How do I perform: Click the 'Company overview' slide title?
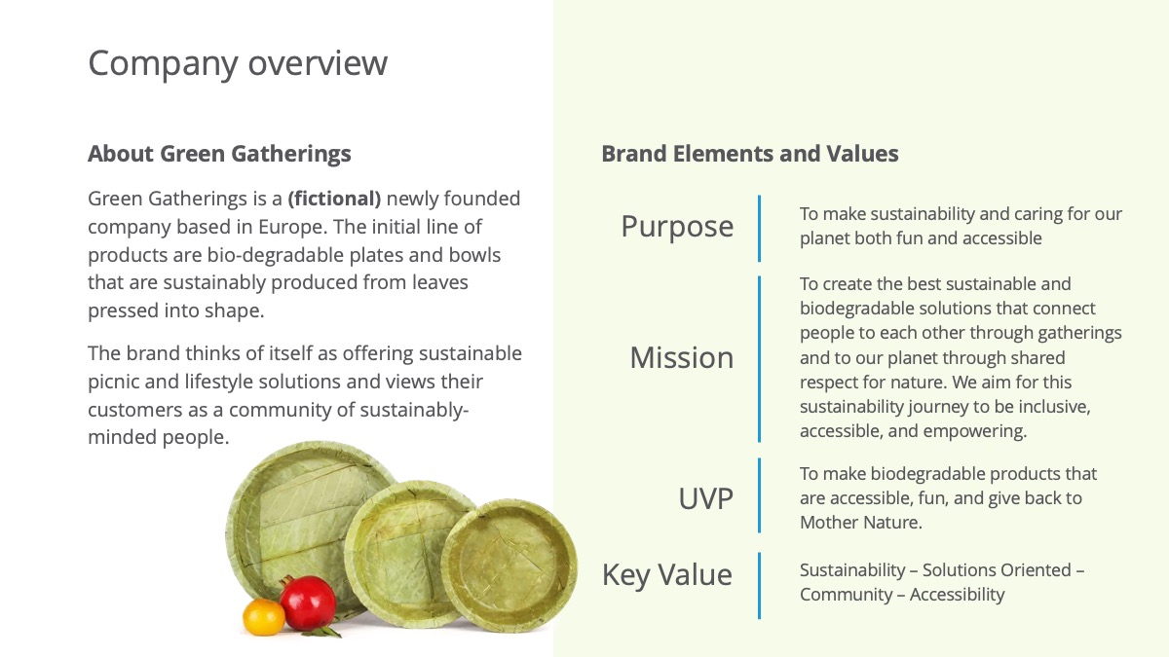coord(238,63)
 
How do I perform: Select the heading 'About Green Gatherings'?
coord(219,154)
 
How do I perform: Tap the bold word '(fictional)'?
coord(334,199)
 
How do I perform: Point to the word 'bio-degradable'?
coord(275,255)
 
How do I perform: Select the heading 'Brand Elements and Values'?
coord(750,154)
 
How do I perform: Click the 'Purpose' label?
coord(677,226)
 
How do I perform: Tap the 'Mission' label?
coord(682,358)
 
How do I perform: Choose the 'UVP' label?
coord(705,498)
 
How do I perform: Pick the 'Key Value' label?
coord(667,575)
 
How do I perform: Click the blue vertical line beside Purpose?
coord(759,229)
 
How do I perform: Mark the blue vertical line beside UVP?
coord(759,495)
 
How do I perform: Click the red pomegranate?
coord(308,602)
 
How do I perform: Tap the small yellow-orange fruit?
coord(264,617)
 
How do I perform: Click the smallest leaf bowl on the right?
coord(509,566)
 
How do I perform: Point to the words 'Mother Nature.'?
coord(861,522)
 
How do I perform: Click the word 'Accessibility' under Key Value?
coord(957,595)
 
